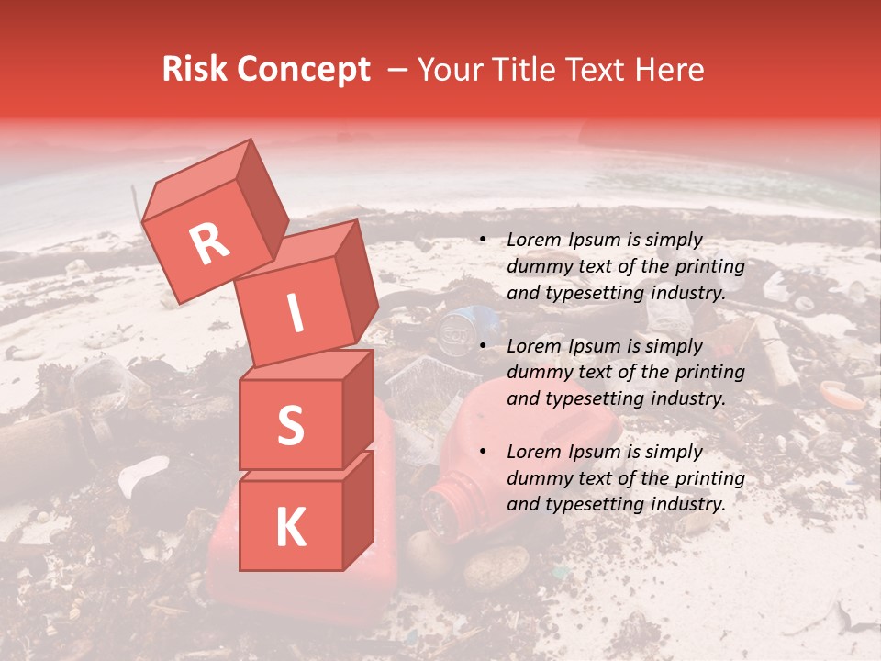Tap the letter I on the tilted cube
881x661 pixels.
coord(295,314)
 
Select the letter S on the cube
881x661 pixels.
coord(290,426)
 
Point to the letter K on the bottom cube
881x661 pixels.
coord(290,528)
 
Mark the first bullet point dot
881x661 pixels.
coord(483,241)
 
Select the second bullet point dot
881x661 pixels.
coord(483,347)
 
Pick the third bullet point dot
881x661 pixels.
coord(483,453)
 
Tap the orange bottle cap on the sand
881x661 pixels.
coord(842,394)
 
